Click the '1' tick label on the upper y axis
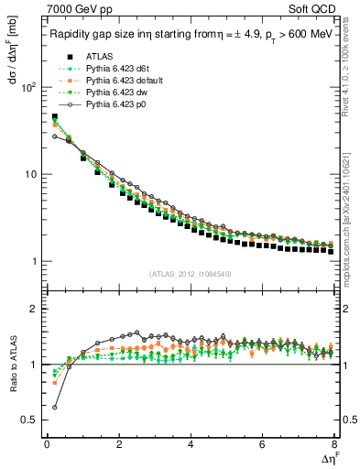tap(33, 262)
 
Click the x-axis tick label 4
tap(190, 444)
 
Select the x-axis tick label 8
tap(333, 444)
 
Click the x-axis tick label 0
tap(47, 444)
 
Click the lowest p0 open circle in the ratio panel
tap(54, 407)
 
